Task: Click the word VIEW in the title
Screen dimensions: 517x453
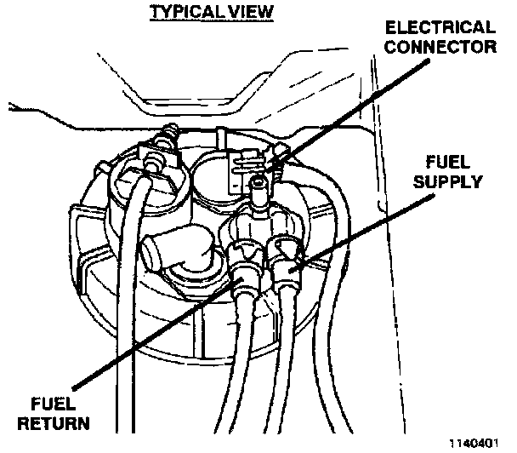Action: [x=251, y=12]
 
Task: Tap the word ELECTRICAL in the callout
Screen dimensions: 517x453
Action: [x=440, y=27]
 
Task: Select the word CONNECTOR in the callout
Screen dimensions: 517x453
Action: [x=440, y=47]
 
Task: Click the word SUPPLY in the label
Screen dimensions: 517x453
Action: [x=448, y=181]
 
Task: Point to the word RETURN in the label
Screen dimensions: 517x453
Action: [x=54, y=423]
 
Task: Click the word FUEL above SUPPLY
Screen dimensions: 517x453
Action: [x=448, y=162]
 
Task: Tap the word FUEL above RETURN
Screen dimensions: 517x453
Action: [x=53, y=404]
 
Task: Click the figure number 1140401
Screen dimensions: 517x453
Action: [x=474, y=443]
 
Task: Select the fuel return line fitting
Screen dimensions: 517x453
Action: [x=245, y=271]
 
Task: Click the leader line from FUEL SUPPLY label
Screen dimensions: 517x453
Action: [x=361, y=233]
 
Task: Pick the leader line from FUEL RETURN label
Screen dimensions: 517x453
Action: [x=158, y=334]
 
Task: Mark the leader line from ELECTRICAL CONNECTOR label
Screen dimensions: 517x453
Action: [x=346, y=115]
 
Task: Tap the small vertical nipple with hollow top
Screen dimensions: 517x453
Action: [x=258, y=193]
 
